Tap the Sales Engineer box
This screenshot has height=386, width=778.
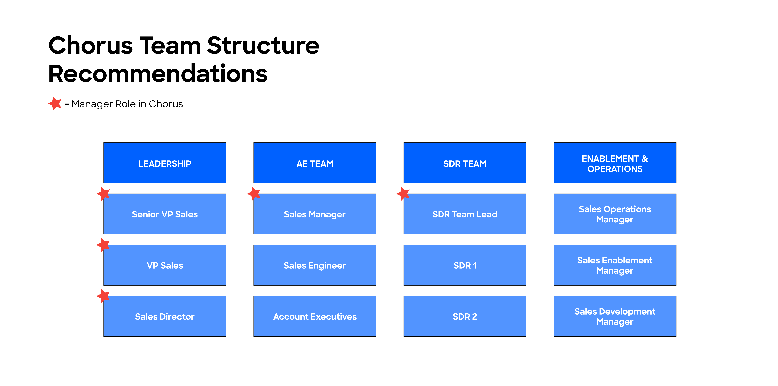coord(315,265)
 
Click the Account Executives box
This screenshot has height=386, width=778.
coord(315,316)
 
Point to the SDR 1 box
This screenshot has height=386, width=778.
coord(465,265)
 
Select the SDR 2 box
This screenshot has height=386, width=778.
coord(465,316)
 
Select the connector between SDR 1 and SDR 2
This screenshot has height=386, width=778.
coord(465,291)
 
